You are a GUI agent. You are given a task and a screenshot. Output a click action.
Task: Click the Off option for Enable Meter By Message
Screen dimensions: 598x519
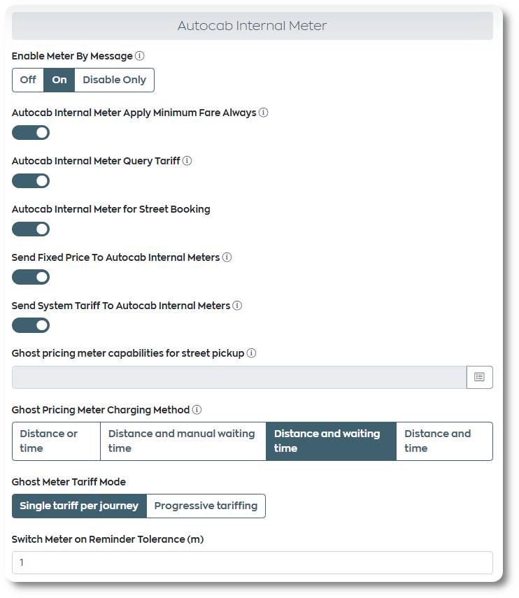[28, 80]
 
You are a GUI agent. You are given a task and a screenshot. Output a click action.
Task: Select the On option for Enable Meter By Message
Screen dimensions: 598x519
[59, 80]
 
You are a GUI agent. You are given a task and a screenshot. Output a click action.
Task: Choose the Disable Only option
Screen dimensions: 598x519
[114, 80]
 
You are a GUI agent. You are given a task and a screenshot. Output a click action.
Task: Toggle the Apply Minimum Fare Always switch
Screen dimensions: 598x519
[31, 133]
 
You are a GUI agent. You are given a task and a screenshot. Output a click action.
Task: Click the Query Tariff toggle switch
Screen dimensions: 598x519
[31, 181]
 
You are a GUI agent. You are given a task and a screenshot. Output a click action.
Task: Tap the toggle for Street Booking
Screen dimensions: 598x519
[31, 229]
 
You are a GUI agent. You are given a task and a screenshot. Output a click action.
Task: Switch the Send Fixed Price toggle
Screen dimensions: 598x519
[31, 278]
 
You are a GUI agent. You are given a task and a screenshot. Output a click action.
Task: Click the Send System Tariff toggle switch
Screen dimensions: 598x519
[31, 326]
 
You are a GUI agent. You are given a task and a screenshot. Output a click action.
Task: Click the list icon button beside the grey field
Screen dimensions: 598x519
[479, 377]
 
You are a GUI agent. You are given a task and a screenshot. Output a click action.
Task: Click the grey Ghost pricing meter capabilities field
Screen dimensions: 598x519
[239, 377]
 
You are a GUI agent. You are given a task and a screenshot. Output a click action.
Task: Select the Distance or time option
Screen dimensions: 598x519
[56, 441]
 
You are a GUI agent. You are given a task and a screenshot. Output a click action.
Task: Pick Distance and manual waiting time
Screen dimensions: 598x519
[183, 441]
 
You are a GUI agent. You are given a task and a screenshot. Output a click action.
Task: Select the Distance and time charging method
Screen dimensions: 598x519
[444, 441]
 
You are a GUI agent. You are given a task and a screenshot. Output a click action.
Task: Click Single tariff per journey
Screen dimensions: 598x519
[79, 506]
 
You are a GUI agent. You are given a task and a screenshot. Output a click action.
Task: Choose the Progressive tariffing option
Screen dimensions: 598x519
[206, 506]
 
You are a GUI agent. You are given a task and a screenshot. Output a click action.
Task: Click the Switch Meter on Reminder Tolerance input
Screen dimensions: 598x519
[252, 562]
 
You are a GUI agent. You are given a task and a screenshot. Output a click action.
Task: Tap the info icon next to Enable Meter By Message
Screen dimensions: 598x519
[140, 56]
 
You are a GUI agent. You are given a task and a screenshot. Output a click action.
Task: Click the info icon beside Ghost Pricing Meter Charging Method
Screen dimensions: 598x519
[197, 410]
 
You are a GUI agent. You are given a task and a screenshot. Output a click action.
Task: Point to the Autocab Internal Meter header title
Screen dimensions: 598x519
[252, 26]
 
